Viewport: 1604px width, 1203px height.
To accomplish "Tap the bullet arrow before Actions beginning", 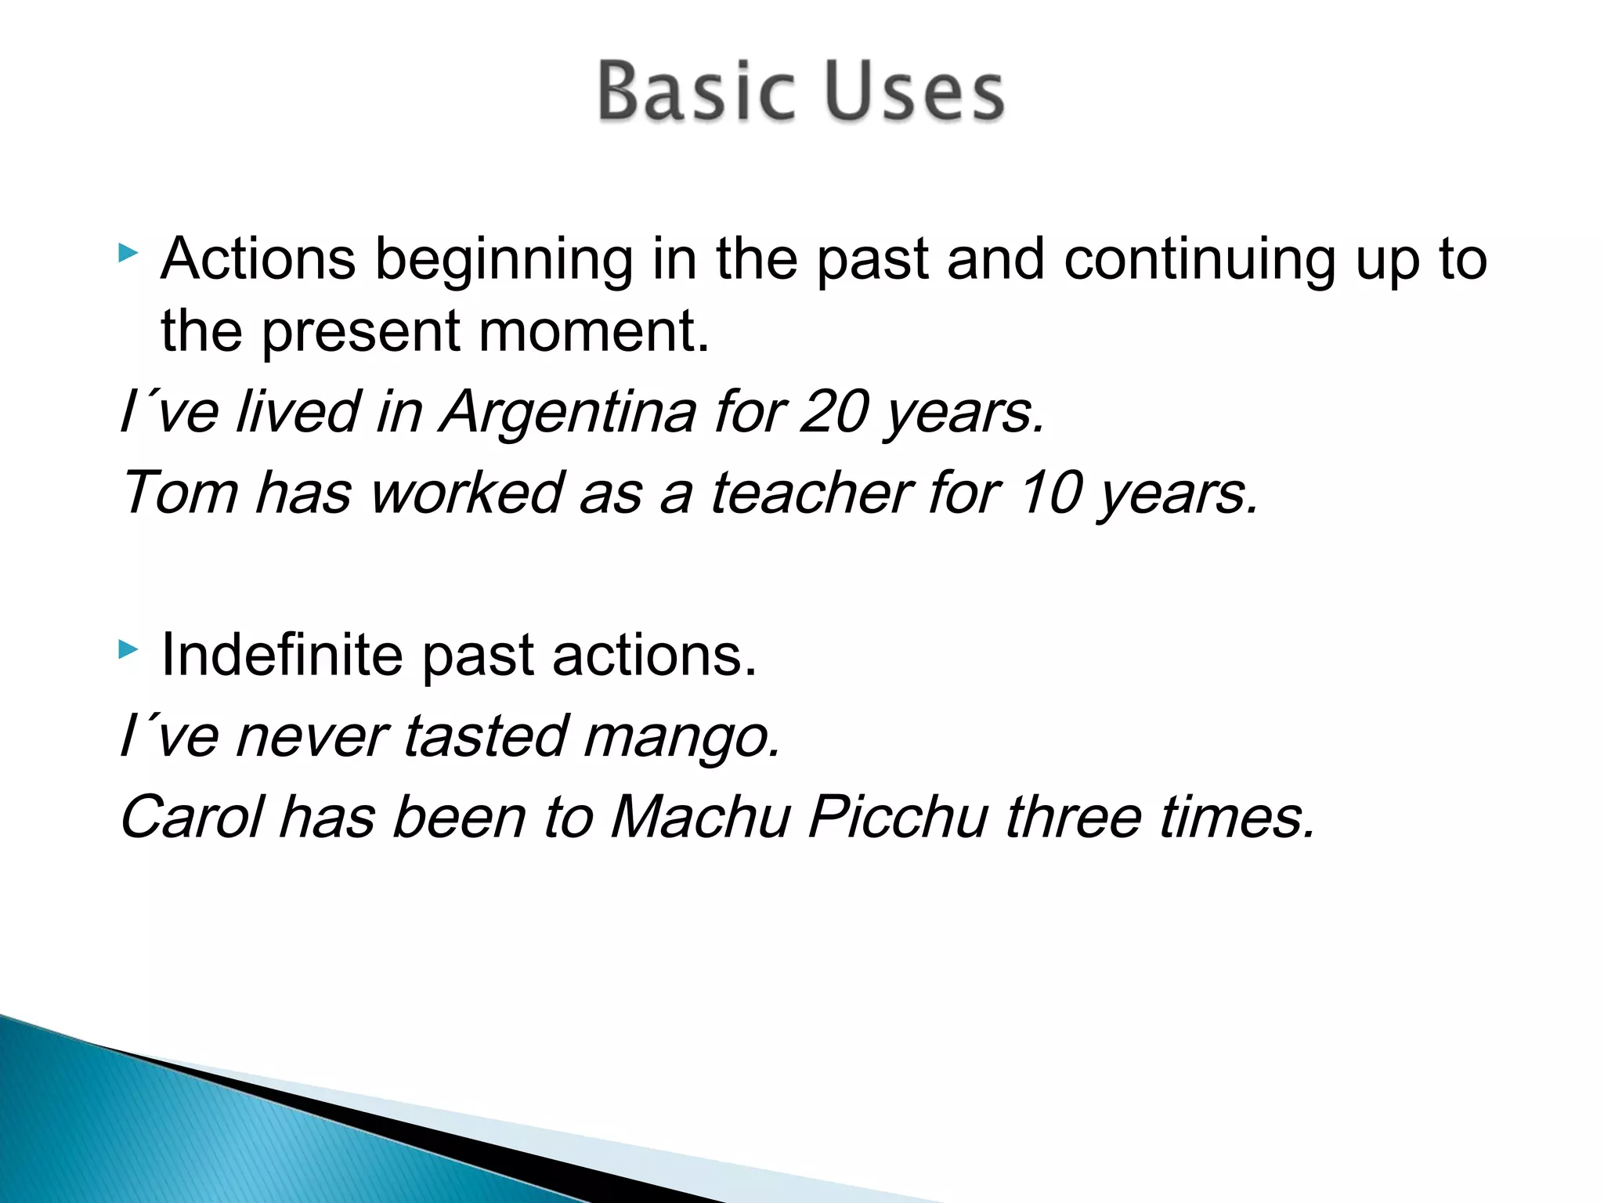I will (x=128, y=253).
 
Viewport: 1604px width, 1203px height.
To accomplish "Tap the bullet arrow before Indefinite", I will (x=128, y=648).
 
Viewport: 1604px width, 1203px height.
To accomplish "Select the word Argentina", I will (x=567, y=412).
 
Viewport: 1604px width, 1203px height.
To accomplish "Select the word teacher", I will (x=810, y=493).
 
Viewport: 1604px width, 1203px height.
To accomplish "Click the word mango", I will (x=681, y=738).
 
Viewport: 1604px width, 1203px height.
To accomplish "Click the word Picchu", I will (x=898, y=818).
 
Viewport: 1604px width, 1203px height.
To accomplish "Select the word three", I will (x=1073, y=818).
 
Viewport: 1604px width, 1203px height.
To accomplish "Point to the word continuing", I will (x=1199, y=260).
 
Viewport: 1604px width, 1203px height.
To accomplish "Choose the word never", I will (x=311, y=738).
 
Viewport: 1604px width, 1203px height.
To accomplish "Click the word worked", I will (x=466, y=493).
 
